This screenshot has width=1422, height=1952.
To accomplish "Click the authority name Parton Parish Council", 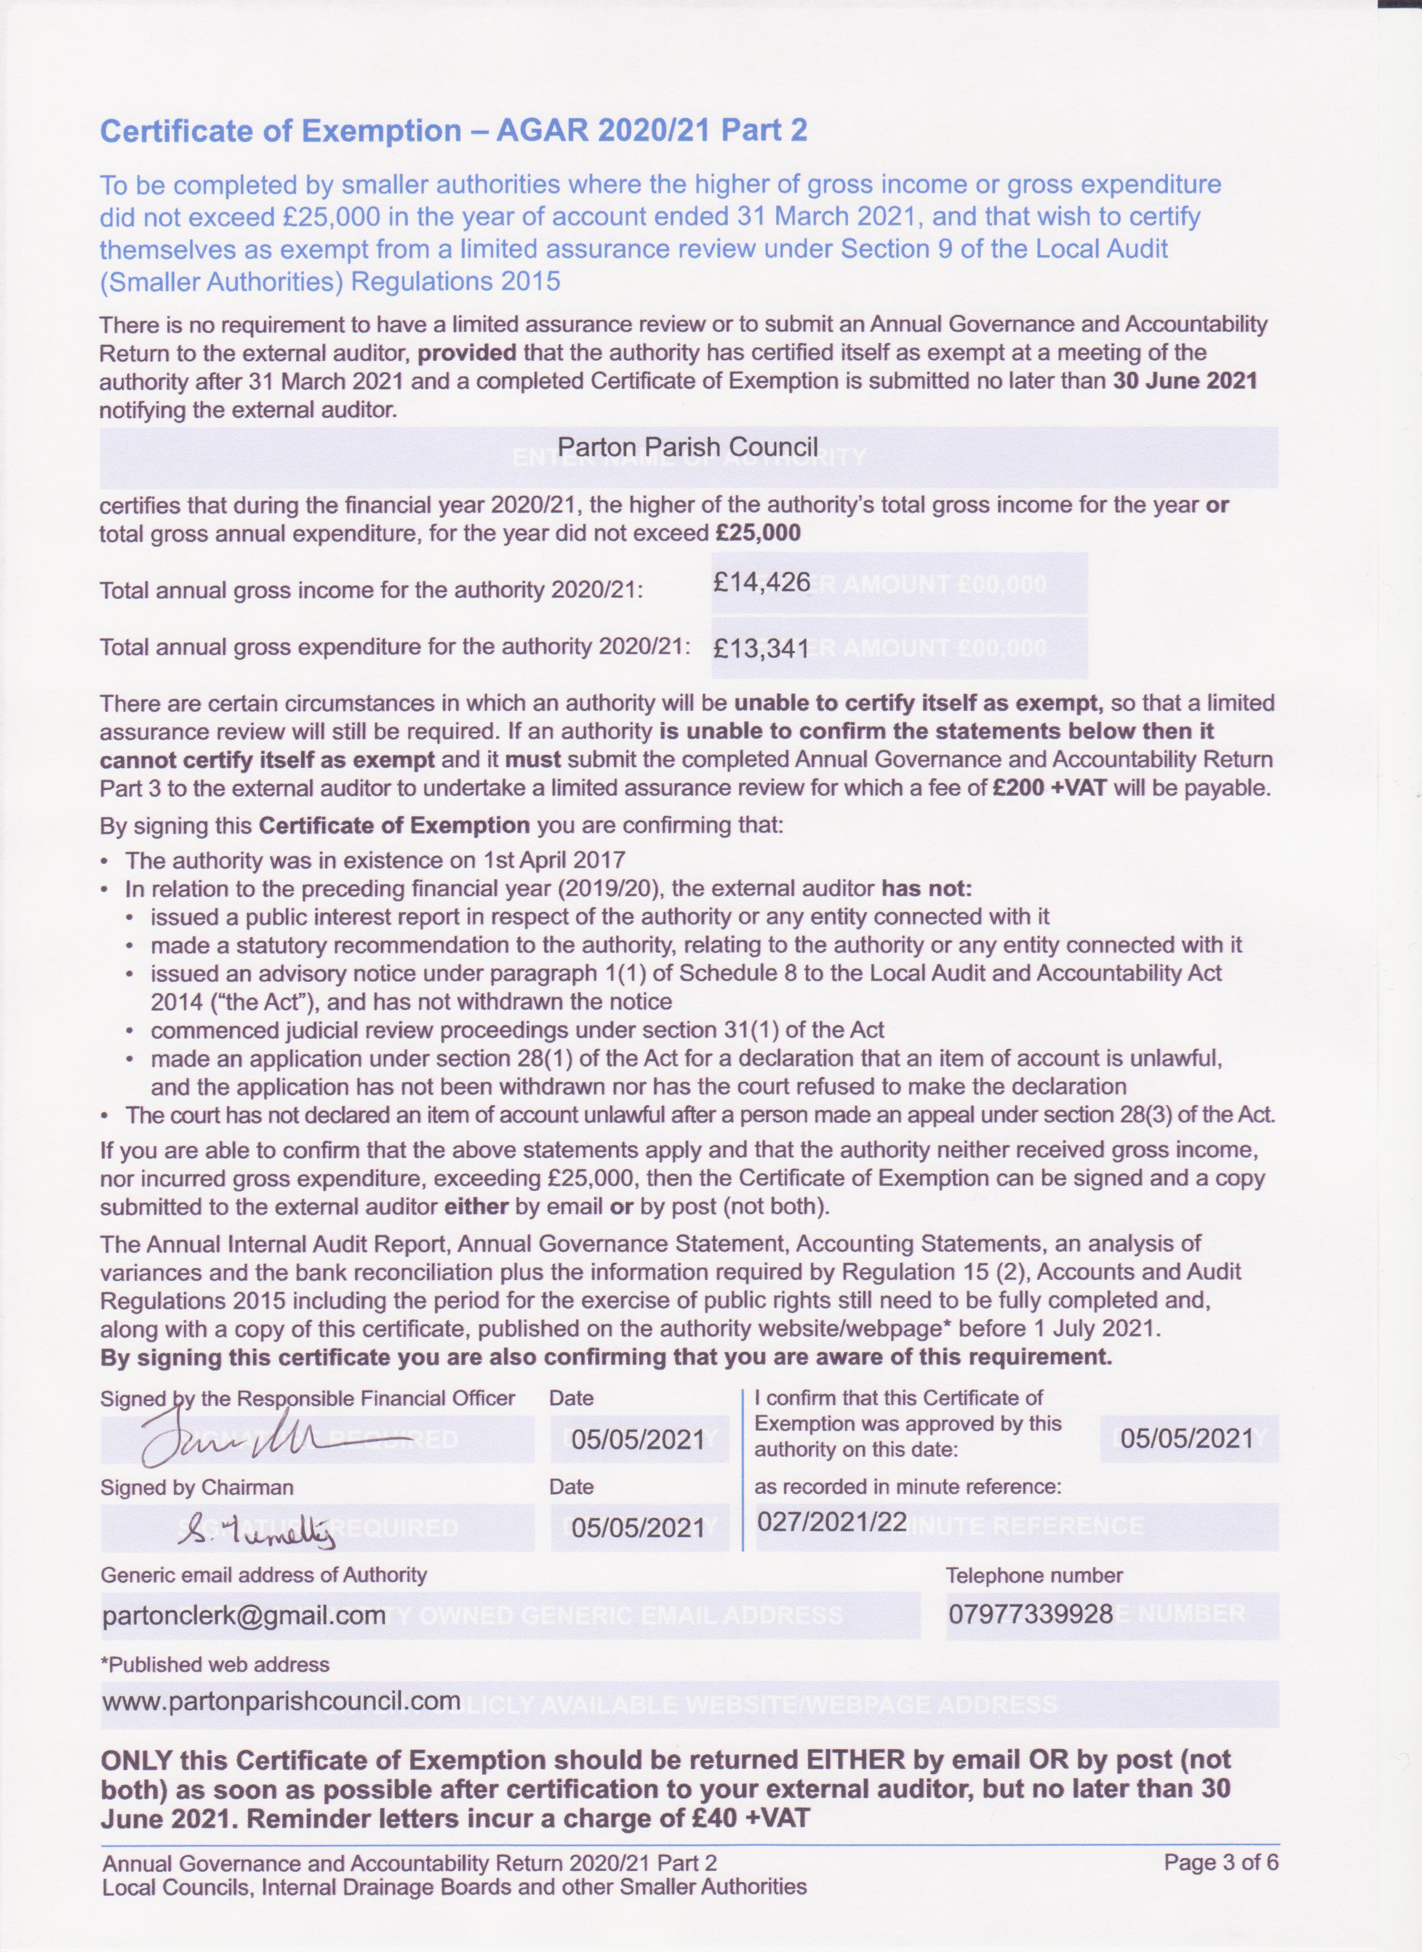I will tap(688, 447).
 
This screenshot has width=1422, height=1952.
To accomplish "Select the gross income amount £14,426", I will tap(762, 583).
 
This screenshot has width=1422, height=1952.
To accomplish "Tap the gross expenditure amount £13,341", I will tap(762, 647).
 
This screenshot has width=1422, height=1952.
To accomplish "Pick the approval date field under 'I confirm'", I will tap(1188, 1438).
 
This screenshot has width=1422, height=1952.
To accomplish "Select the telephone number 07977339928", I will tap(1031, 1614).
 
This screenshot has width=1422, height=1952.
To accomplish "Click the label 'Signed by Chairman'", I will tap(197, 1487).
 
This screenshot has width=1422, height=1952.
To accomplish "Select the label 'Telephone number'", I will tap(1034, 1576).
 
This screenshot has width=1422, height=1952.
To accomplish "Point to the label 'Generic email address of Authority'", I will tap(263, 1575).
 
